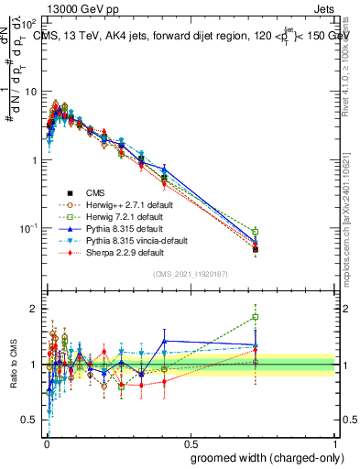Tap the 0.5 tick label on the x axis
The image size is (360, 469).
pos(190,438)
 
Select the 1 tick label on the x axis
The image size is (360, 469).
pos(334,438)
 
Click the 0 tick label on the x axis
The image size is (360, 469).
pos(46,438)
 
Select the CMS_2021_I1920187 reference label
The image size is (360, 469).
pos(190,274)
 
